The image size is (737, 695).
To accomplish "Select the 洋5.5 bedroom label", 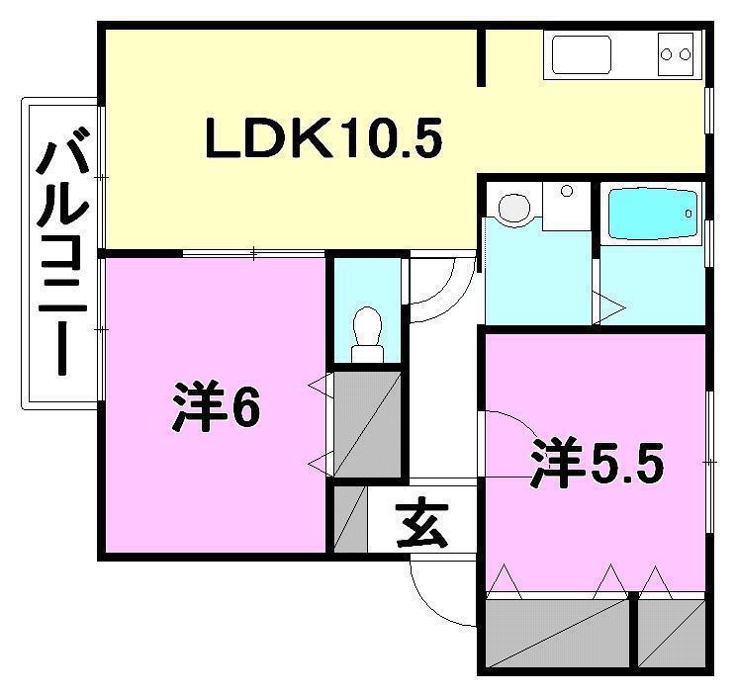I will tap(595, 463).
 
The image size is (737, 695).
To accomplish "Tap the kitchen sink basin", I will tap(582, 54).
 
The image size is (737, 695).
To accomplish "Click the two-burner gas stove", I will tap(678, 53).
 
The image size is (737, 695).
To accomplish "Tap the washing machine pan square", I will tap(566, 206).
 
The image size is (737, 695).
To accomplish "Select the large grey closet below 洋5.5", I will tap(558, 632).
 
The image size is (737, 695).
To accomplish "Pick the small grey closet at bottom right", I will tap(672, 632).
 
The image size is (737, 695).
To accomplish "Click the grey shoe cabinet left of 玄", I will tap(350, 520).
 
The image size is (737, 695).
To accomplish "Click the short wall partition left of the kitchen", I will tap(482, 57).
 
